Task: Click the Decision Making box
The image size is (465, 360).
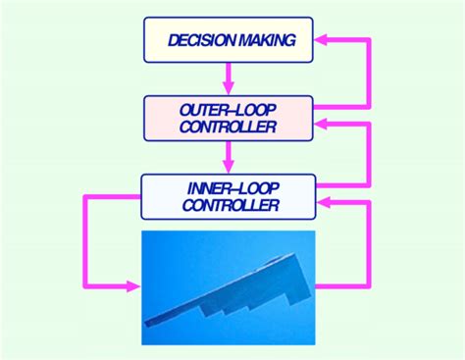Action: click(x=228, y=39)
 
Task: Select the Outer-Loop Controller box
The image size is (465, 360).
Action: click(x=228, y=116)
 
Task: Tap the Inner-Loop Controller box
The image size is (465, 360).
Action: click(x=228, y=195)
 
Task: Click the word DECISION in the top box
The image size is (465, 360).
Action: click(x=201, y=40)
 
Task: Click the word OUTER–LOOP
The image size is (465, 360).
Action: click(x=228, y=107)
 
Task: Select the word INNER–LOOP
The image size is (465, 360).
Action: click(x=228, y=186)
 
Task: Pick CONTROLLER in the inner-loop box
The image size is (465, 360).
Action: click(x=228, y=205)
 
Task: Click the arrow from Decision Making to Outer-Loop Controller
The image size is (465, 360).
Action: click(x=228, y=77)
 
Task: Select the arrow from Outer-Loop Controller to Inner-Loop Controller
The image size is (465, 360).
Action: click(x=228, y=155)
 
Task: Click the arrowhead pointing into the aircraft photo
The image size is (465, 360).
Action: click(x=131, y=286)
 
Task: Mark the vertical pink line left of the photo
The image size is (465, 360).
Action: click(x=84, y=240)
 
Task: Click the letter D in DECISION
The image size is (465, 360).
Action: click(x=174, y=40)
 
